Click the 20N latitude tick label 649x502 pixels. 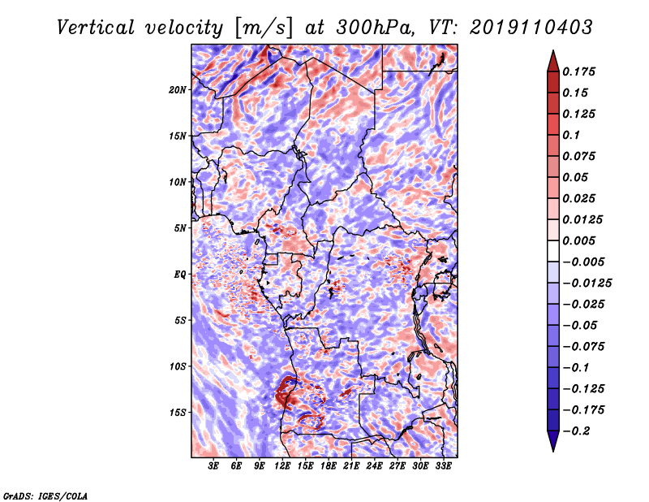[x=178, y=89]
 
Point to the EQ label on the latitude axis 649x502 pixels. [x=180, y=275]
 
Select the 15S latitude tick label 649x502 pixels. [x=178, y=413]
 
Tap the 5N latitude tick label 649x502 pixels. [x=180, y=228]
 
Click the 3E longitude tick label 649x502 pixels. [x=213, y=466]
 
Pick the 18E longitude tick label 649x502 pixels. [x=329, y=466]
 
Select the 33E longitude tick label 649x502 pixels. [x=443, y=466]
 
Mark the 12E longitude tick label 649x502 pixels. [x=282, y=466]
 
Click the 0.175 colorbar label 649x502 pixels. [x=578, y=71]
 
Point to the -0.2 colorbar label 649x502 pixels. [x=576, y=431]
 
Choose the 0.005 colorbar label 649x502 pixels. [x=578, y=240]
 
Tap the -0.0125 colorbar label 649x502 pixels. [x=587, y=283]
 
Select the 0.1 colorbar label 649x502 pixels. [x=571, y=135]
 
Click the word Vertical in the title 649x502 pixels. [x=96, y=28]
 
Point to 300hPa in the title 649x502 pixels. [x=375, y=28]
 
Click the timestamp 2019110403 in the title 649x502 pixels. [x=531, y=28]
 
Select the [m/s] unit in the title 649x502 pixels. [x=263, y=28]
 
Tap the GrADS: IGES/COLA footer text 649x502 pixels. [x=45, y=496]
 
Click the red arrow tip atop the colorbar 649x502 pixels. [x=553, y=50]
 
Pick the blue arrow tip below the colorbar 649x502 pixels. [x=553, y=451]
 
